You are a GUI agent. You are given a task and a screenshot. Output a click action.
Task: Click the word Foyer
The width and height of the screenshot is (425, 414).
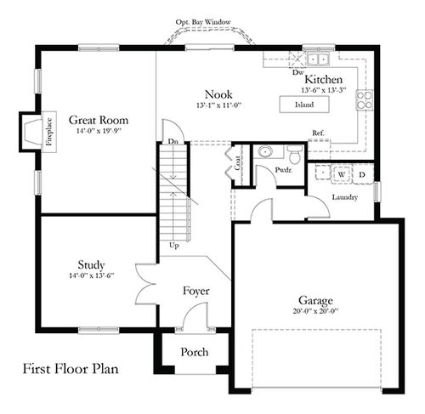click(x=196, y=291)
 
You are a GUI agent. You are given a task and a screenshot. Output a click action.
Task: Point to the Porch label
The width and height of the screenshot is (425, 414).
click(x=194, y=352)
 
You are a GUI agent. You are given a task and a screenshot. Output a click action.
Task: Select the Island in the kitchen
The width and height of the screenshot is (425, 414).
click(x=304, y=105)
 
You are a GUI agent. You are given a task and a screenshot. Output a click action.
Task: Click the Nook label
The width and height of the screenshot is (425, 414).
click(x=219, y=94)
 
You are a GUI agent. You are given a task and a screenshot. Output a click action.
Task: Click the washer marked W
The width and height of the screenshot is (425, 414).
click(x=341, y=174)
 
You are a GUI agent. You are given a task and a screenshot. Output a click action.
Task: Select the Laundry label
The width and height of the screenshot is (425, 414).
click(x=344, y=197)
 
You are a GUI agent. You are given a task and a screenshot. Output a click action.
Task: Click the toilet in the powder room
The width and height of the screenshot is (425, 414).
click(x=294, y=155)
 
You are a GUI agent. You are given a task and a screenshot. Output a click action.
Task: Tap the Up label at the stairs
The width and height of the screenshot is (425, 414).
click(x=175, y=245)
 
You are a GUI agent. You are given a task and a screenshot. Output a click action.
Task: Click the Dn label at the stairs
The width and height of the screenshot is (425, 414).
click(x=173, y=142)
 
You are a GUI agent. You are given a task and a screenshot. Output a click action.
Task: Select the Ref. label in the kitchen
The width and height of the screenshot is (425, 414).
click(x=319, y=133)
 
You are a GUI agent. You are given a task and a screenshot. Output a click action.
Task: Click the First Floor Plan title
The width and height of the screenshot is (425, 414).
click(x=71, y=370)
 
